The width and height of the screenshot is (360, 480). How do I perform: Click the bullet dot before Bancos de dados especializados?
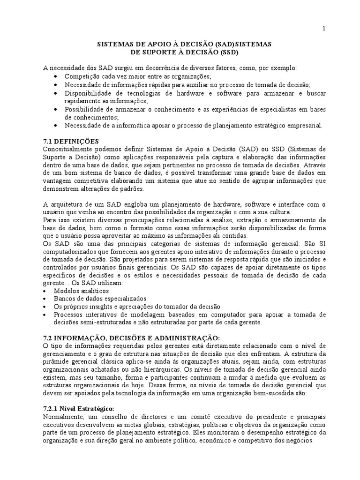(45, 299)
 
